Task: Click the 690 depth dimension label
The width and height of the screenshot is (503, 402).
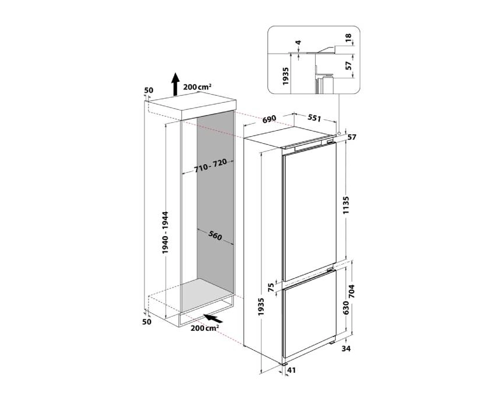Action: pos(269,119)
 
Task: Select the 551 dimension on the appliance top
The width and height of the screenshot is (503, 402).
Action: pos(315,117)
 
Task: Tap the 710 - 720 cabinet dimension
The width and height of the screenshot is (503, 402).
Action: pos(211,165)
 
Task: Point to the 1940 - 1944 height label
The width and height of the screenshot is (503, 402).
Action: pos(165,233)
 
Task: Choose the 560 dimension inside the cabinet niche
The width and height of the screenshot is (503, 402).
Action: pos(215,235)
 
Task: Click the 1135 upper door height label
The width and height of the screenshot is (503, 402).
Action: pos(346,205)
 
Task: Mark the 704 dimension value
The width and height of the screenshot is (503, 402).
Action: pos(352,292)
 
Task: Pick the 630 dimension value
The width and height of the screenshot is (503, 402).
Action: pos(346,308)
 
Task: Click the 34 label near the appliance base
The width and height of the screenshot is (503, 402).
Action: pos(346,348)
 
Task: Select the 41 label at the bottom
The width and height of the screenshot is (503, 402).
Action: pos(291,370)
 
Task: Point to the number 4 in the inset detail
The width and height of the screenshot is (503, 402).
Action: pos(298,43)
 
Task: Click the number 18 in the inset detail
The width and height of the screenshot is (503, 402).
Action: pos(349,38)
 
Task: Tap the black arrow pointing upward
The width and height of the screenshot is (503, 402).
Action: pos(175,84)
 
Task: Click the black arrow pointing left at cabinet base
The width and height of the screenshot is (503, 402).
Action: pos(213,318)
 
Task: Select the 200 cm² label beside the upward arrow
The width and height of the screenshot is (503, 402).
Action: pos(197,86)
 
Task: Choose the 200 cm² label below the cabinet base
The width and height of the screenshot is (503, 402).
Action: pos(205,328)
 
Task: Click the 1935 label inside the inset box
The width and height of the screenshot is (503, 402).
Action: pos(286,76)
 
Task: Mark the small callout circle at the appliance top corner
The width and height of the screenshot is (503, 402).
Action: pos(339,133)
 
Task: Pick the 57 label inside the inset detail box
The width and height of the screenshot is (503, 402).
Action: pos(349,65)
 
